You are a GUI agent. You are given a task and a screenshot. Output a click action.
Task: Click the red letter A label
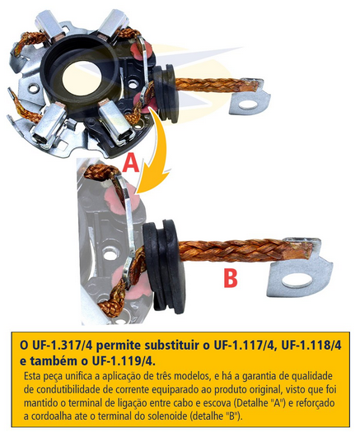coord(130,163)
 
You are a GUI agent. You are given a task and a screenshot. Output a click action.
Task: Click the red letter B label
coord(231,278)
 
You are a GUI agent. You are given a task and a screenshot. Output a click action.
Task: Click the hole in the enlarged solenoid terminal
coord(297,281)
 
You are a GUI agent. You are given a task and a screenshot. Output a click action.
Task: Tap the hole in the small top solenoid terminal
coord(248,105)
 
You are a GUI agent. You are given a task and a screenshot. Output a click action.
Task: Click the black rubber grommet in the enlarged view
coord(164,265)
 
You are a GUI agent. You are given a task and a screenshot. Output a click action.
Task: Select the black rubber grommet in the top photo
coord(166,94)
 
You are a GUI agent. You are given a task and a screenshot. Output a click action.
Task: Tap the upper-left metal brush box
coord(52,26)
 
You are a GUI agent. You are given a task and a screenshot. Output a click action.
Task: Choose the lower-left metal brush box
coord(49,125)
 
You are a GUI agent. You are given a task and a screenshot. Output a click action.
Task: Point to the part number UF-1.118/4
coord(311,345)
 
